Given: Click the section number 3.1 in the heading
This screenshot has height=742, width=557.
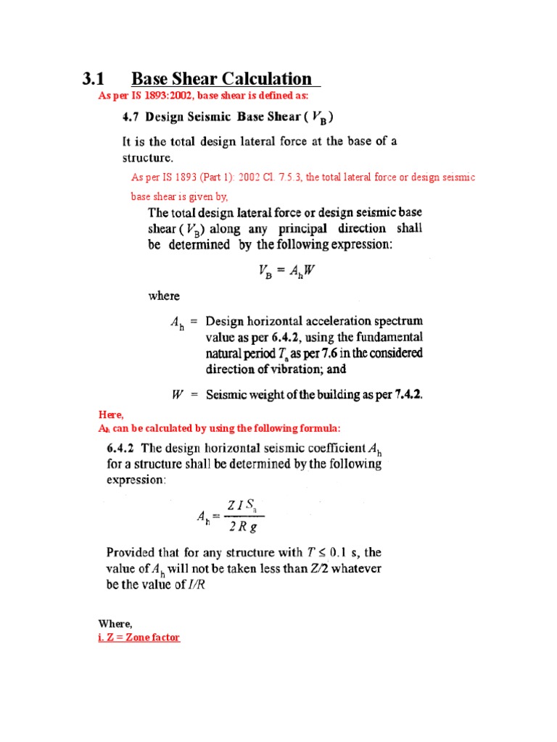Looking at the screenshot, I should coord(94,79).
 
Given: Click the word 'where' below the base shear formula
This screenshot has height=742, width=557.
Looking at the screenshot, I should coord(164,296).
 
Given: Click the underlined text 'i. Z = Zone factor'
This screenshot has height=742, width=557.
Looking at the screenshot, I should coord(139,637).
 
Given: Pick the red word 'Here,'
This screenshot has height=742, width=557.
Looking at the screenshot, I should coord(111,414).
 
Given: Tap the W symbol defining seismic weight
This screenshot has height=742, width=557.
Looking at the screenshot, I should coord(177,395).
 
